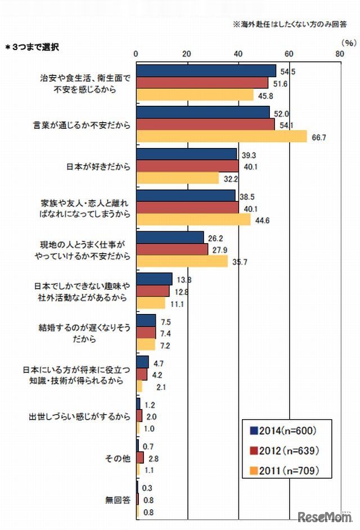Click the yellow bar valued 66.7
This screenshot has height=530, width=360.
pyautogui.click(x=222, y=137)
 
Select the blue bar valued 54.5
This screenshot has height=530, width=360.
pyautogui.click(x=206, y=71)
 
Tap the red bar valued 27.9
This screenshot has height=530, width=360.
pyautogui.click(x=172, y=249)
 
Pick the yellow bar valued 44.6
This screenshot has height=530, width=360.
pyautogui.click(x=193, y=219)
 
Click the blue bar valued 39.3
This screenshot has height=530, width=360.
pyautogui.click(x=186, y=154)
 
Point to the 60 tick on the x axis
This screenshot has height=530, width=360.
pyautogui.click(x=289, y=53)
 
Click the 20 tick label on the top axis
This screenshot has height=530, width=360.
pyautogui.click(x=187, y=53)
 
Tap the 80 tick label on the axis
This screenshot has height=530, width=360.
pyautogui.click(x=340, y=53)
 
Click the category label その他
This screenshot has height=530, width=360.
pyautogui.click(x=118, y=457)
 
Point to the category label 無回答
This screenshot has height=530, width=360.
pyautogui.click(x=118, y=498)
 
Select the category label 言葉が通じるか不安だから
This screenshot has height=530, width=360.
pyautogui.click(x=82, y=124)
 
